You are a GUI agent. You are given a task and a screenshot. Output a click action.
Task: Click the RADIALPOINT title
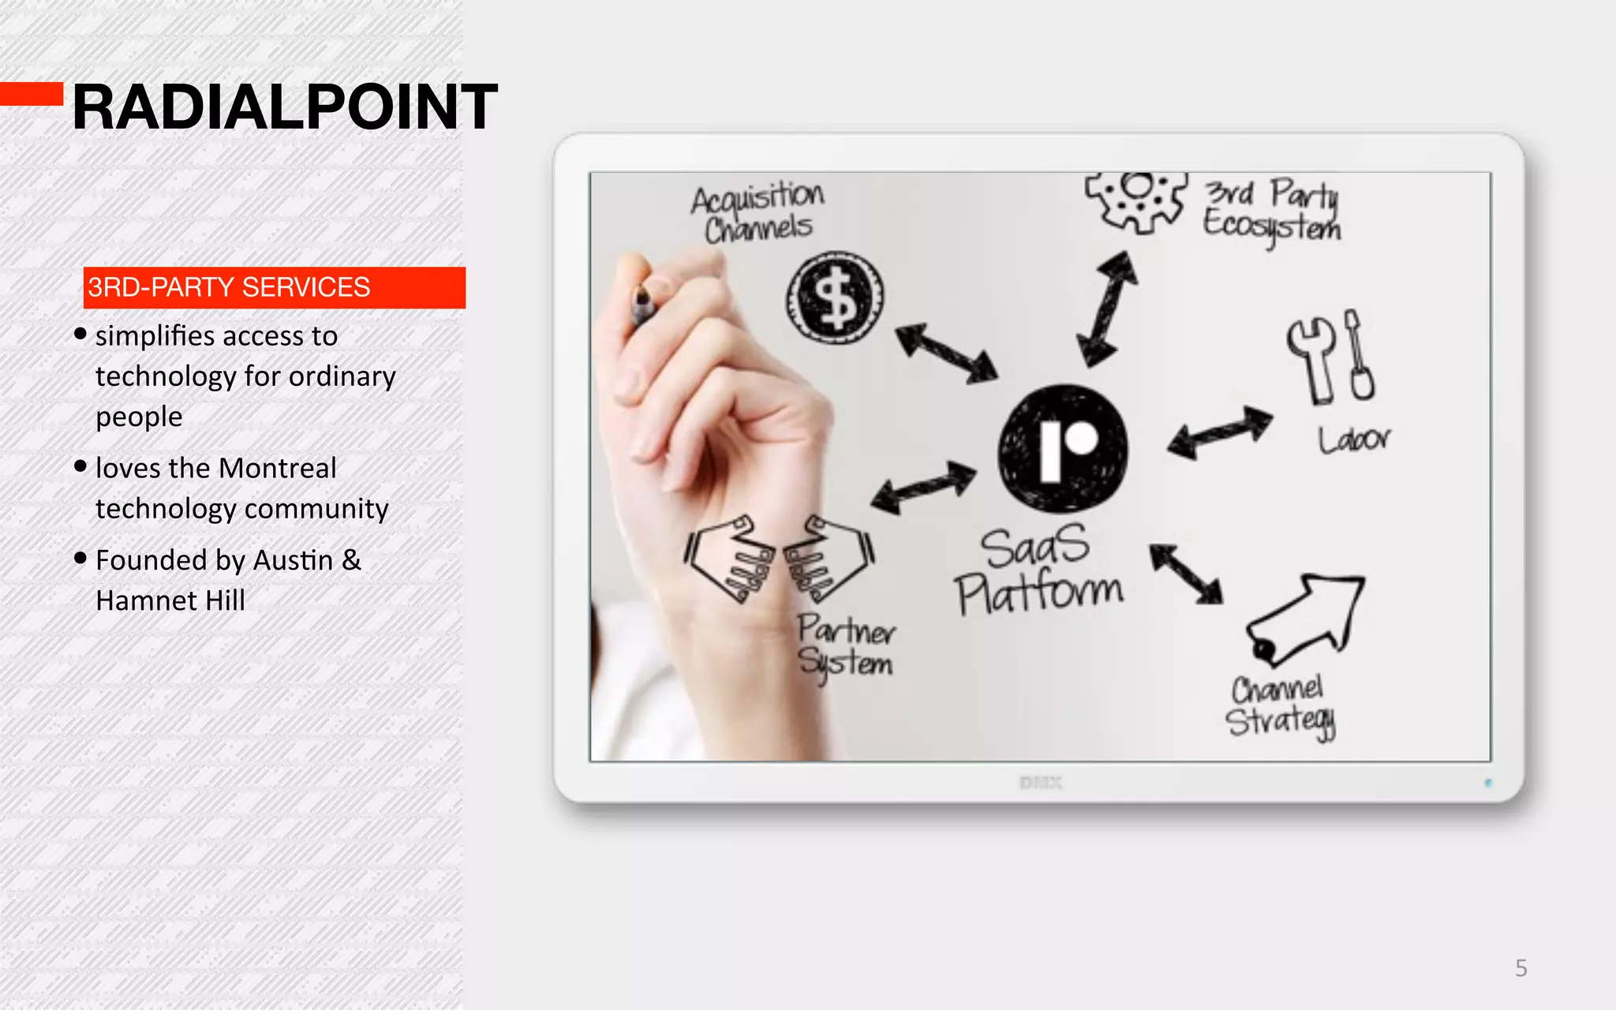click(285, 107)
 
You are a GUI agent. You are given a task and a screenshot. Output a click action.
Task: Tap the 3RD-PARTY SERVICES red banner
click(274, 287)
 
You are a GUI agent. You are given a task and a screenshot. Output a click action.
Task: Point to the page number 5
click(1521, 968)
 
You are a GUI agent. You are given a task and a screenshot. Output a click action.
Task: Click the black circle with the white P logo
click(1063, 447)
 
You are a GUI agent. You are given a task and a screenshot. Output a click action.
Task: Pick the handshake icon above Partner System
click(779, 559)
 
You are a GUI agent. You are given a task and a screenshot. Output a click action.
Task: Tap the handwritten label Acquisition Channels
click(758, 211)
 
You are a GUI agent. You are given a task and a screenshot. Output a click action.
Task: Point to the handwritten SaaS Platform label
click(1038, 570)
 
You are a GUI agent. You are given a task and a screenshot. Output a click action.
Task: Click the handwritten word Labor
click(1353, 439)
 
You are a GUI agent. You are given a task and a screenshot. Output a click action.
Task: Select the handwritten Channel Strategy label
click(1280, 706)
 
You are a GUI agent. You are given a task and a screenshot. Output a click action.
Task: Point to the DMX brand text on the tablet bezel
click(1040, 783)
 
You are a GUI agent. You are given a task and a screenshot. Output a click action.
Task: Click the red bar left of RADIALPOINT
click(32, 94)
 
